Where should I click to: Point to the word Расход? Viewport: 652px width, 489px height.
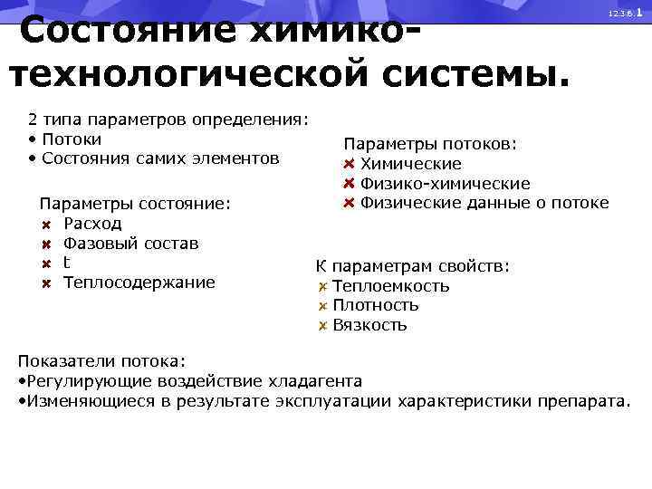click(x=92, y=224)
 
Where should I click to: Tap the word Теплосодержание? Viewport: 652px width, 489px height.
click(x=139, y=283)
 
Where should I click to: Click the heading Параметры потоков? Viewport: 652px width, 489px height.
click(x=430, y=144)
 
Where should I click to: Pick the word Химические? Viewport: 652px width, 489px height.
click(x=410, y=164)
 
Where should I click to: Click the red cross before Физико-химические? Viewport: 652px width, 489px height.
click(x=349, y=183)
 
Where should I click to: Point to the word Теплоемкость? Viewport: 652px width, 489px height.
click(x=390, y=286)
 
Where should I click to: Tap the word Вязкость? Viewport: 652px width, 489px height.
click(x=369, y=325)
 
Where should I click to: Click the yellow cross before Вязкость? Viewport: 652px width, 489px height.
click(x=322, y=325)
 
